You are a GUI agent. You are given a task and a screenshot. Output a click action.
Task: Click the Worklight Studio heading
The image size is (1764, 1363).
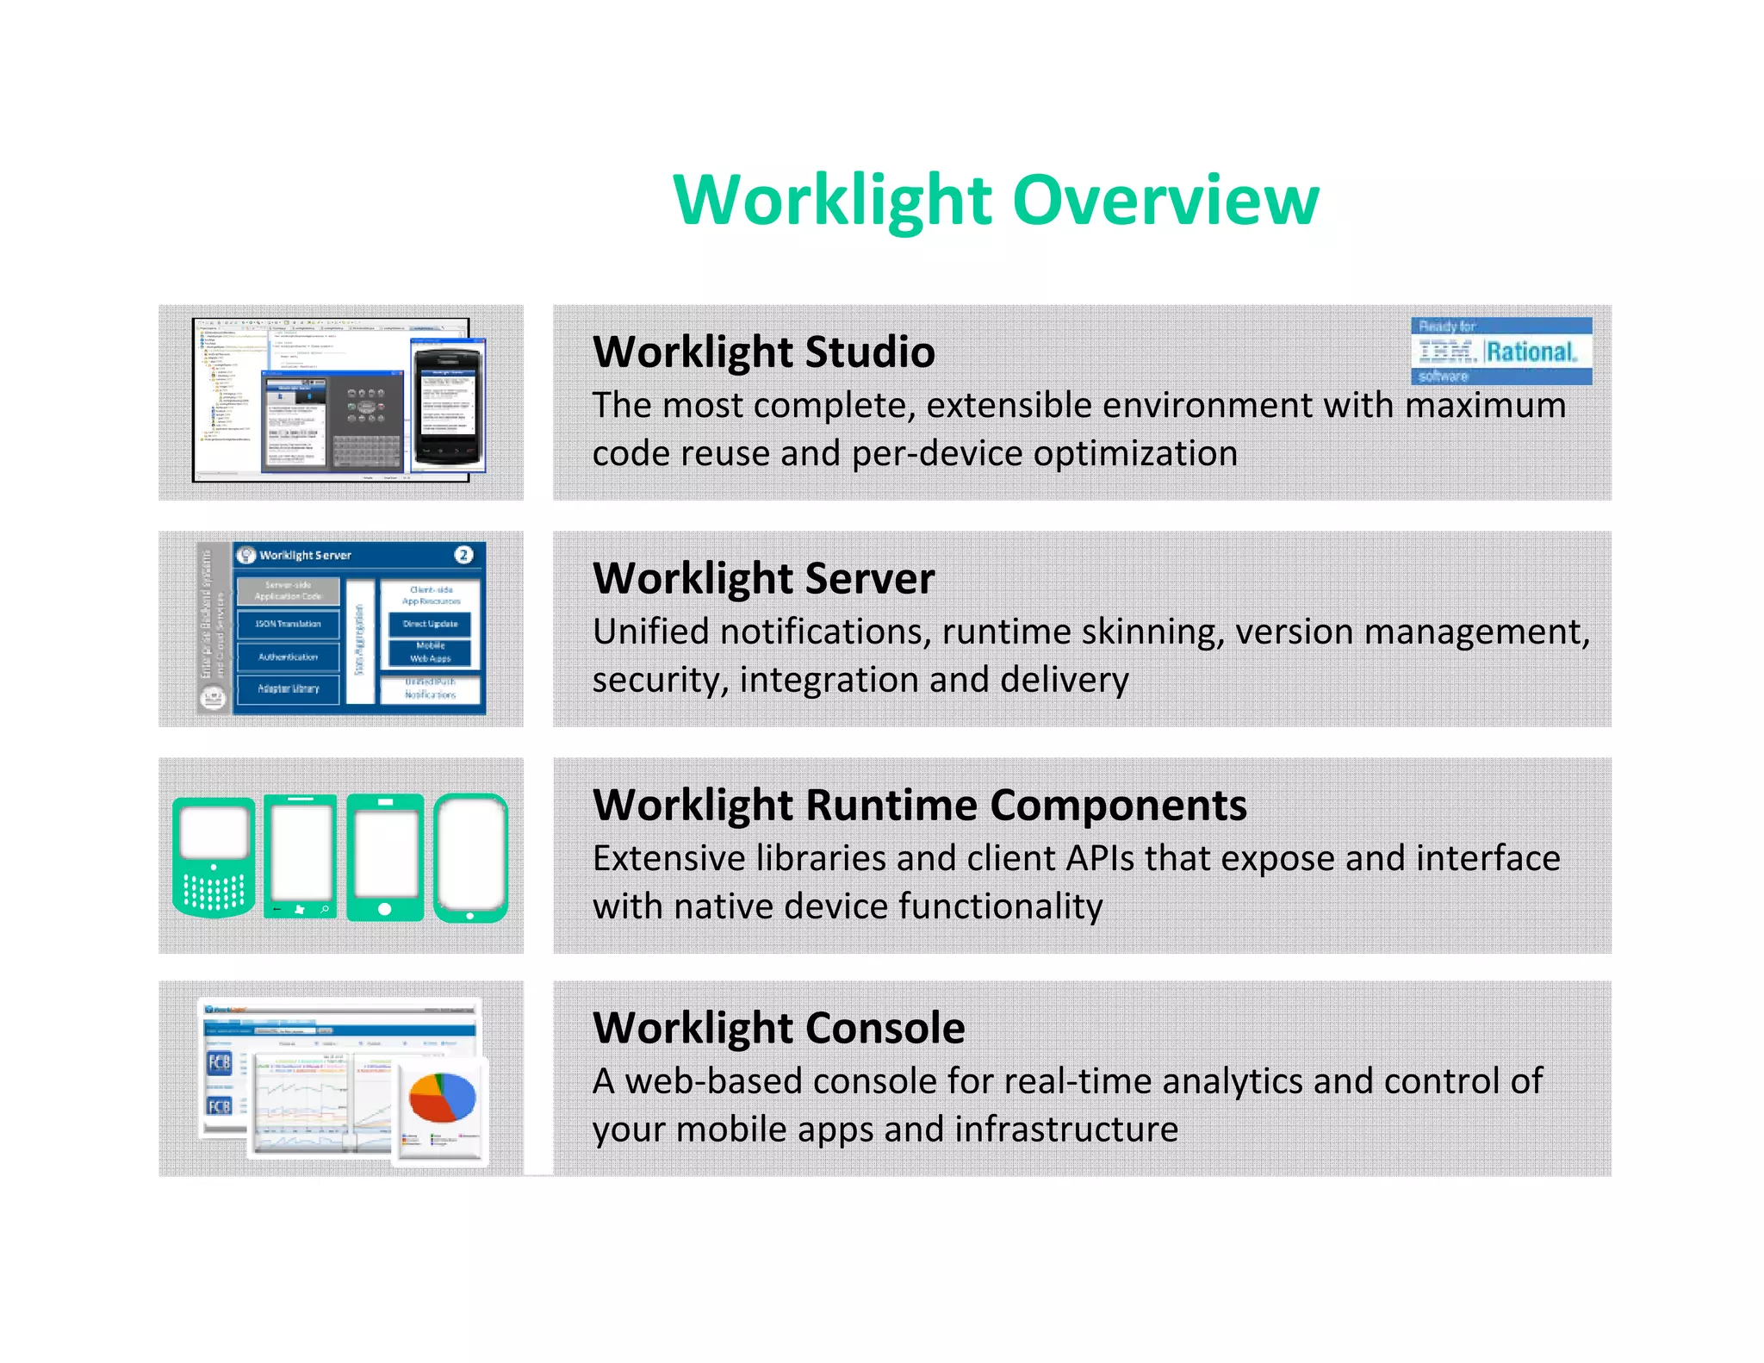(763, 352)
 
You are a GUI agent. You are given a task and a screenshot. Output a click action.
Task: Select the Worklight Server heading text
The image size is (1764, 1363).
(763, 578)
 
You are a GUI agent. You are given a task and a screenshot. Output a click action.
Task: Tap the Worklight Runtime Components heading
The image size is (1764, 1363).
(919, 805)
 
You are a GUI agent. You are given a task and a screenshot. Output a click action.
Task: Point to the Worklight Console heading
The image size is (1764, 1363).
(779, 1027)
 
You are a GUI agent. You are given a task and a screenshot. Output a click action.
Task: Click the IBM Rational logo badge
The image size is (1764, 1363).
(1500, 351)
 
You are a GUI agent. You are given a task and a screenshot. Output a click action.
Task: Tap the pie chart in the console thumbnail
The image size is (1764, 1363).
(442, 1096)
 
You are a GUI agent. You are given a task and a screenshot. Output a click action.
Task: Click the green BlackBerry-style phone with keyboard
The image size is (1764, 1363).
(214, 856)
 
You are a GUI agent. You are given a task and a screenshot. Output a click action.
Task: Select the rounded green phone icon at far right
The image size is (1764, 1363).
(470, 858)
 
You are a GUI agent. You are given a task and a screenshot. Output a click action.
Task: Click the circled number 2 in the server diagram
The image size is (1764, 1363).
(463, 555)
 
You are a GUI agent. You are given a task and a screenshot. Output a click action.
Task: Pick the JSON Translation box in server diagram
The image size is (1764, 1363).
(288, 624)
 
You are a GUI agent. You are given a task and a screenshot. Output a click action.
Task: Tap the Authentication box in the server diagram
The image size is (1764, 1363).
(288, 657)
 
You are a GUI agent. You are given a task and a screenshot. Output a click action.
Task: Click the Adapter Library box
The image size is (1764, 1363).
(288, 688)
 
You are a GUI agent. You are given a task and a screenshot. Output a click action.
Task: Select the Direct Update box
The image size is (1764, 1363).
(430, 624)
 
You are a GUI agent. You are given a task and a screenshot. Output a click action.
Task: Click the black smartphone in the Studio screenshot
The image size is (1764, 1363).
(445, 403)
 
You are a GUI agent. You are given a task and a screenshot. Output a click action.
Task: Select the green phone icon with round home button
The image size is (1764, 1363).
(384, 858)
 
